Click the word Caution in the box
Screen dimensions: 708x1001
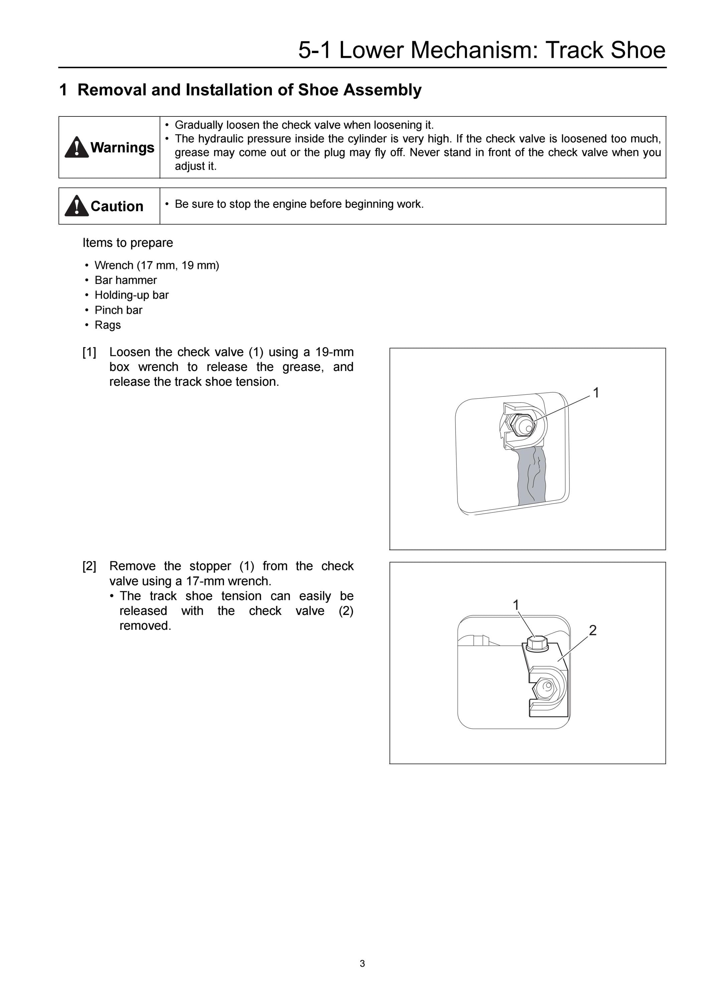(x=117, y=206)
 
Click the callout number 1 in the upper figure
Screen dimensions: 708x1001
(x=596, y=393)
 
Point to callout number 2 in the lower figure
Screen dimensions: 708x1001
(x=592, y=630)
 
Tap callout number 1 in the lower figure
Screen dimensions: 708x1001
(x=516, y=605)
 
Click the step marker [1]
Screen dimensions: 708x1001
(x=90, y=352)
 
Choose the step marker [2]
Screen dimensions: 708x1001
(x=90, y=566)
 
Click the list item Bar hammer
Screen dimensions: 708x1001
(x=126, y=280)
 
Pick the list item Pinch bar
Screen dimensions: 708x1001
(x=119, y=310)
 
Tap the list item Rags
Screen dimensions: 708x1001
(x=108, y=325)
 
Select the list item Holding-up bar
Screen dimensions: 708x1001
(x=132, y=295)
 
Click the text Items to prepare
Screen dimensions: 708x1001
(x=128, y=243)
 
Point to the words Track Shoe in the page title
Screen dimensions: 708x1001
(x=605, y=50)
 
